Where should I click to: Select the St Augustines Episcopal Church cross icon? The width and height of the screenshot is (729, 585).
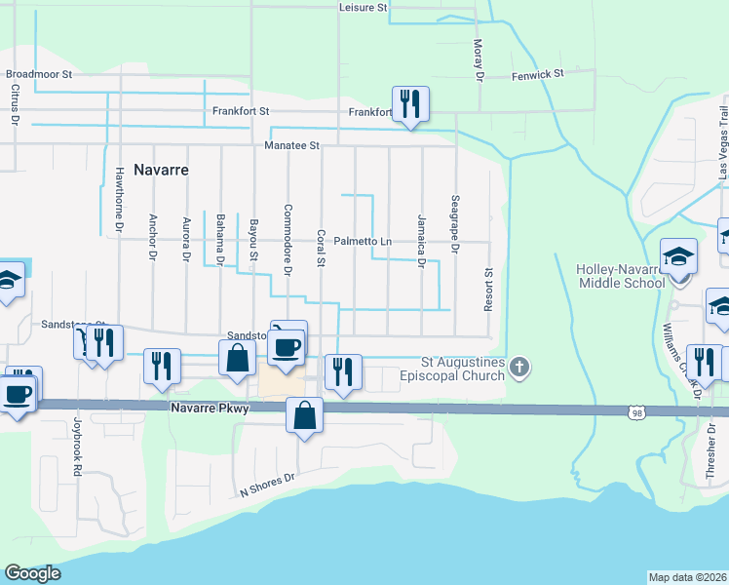(520, 368)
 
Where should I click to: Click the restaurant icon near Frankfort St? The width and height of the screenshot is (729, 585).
(410, 103)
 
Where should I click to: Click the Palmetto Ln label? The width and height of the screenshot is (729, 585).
(363, 241)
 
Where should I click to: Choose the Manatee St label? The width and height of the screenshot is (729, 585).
(291, 145)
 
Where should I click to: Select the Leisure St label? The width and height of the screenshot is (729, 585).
(364, 7)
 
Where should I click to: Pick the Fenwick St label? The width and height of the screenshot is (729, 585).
(538, 74)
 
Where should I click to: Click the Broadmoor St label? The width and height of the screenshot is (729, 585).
(39, 74)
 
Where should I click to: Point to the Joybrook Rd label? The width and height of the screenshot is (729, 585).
(77, 447)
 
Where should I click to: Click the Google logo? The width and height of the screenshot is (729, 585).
(32, 573)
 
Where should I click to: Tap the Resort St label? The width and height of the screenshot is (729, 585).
(489, 291)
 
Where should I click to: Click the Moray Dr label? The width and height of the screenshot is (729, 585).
(479, 58)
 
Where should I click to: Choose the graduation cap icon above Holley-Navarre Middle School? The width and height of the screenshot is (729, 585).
(678, 258)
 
